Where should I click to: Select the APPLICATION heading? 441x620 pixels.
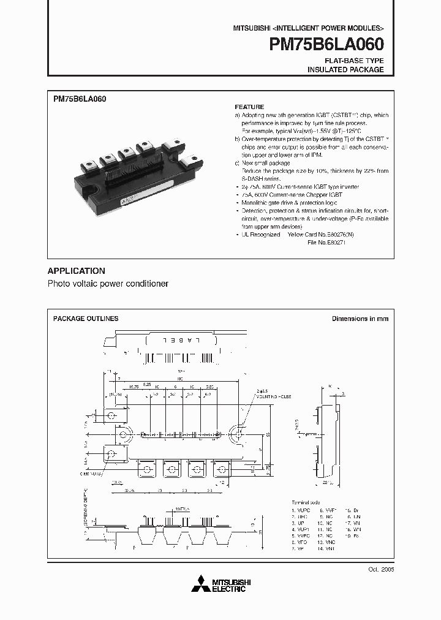pyautogui.click(x=76, y=271)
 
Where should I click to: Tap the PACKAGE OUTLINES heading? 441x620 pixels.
pyautogui.click(x=86, y=319)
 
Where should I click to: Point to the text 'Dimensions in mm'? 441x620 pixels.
pyautogui.click(x=360, y=319)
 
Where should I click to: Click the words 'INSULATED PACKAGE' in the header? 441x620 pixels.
pyautogui.click(x=345, y=70)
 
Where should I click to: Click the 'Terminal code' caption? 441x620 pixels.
pyautogui.click(x=306, y=501)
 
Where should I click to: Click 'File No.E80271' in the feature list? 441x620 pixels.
pyautogui.click(x=327, y=243)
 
